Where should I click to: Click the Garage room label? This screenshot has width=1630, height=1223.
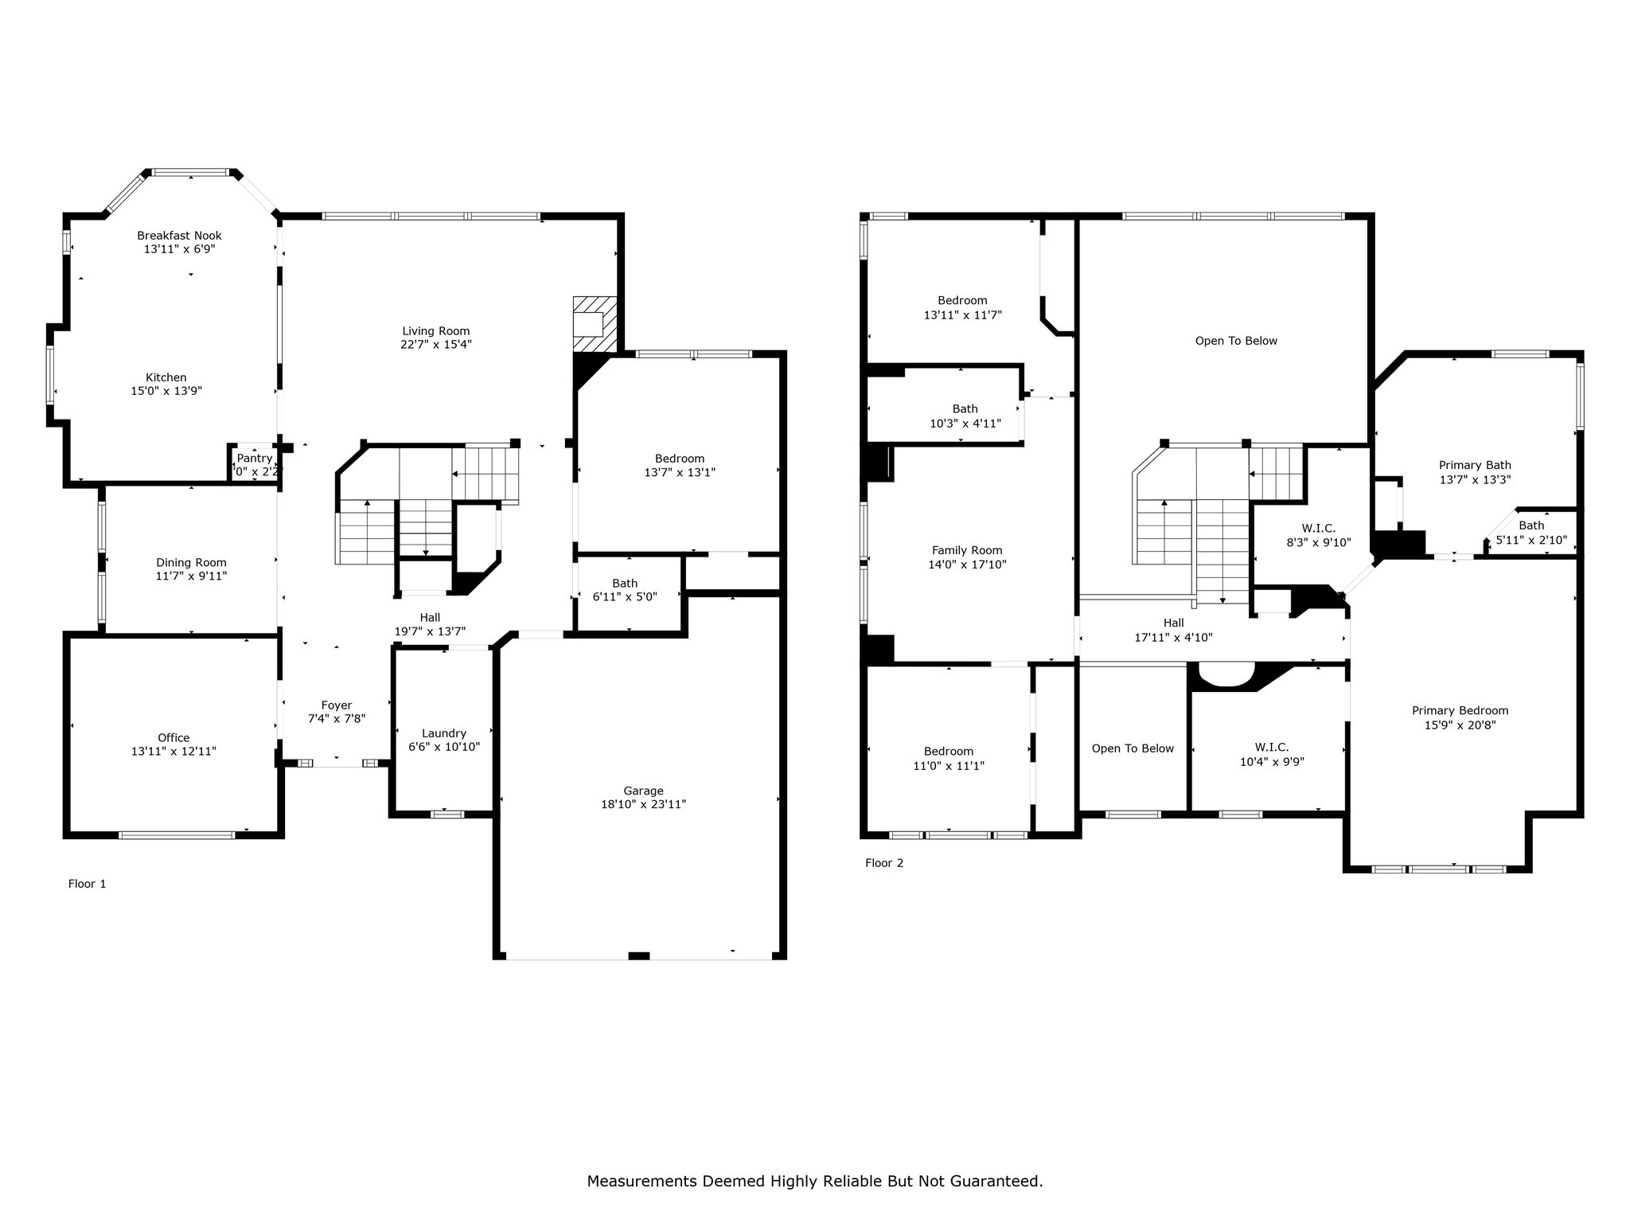tap(643, 791)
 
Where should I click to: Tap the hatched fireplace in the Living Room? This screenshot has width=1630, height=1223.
tap(595, 324)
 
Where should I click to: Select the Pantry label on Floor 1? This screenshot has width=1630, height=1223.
tap(255, 459)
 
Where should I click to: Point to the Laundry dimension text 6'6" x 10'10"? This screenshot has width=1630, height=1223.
tap(444, 747)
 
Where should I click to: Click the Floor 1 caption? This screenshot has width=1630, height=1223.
tap(87, 884)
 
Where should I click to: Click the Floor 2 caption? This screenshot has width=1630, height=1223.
tap(884, 863)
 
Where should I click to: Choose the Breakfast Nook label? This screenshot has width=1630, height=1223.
tap(179, 236)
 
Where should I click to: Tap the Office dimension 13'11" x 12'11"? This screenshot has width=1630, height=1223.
tap(174, 751)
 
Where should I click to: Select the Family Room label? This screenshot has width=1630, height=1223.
tap(967, 550)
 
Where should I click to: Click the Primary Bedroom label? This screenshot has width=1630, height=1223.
tap(1460, 711)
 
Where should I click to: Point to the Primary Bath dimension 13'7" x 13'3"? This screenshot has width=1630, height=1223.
tap(1475, 479)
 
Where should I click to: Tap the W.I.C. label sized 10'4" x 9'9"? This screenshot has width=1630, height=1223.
tap(1271, 747)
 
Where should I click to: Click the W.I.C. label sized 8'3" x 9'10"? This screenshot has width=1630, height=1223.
tap(1318, 529)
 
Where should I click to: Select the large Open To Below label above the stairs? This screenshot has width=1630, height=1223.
tap(1235, 341)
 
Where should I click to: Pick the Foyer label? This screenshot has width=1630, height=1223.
tap(336, 705)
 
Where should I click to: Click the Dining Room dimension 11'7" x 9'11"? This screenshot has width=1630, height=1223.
tap(191, 576)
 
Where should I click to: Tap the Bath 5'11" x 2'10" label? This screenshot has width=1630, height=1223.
tap(1531, 526)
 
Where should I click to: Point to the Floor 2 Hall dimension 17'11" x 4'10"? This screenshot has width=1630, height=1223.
tap(1173, 637)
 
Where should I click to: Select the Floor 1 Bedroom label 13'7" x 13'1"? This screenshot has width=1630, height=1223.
tap(679, 459)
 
